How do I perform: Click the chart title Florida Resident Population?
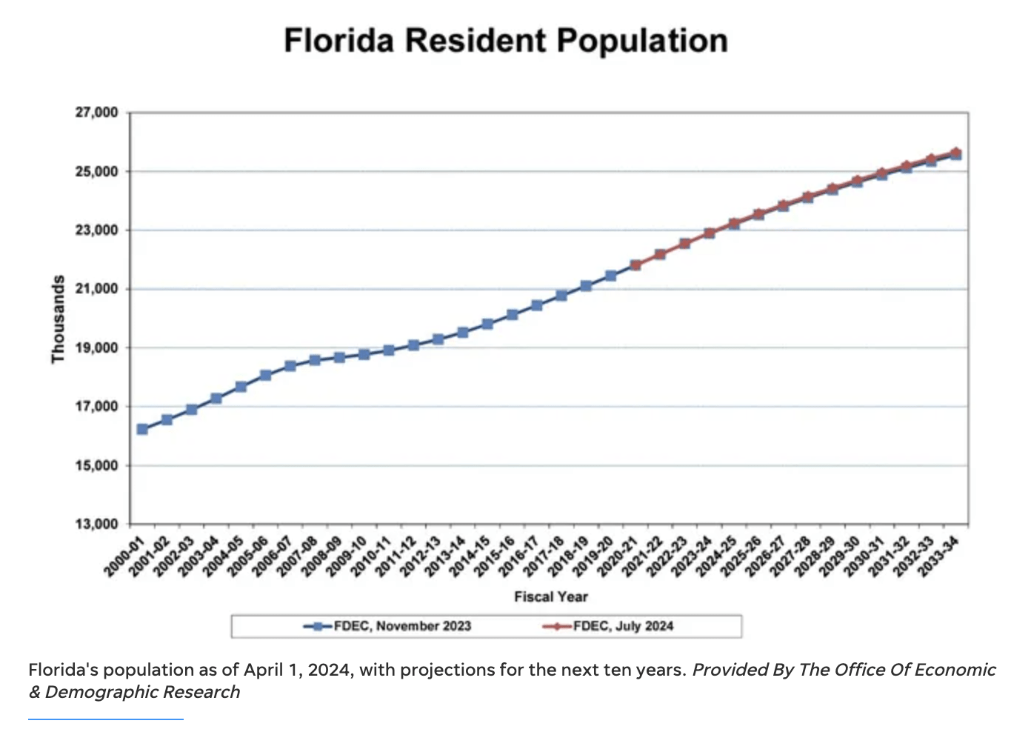[506, 41]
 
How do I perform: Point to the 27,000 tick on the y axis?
[96, 113]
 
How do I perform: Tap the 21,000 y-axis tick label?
[96, 289]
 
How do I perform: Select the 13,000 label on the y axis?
[96, 525]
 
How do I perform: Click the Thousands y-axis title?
[58, 319]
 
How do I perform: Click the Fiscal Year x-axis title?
[550, 597]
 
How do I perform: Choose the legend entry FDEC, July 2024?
[622, 626]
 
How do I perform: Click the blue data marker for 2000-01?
[142, 429]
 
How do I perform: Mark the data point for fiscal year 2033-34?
[955, 153]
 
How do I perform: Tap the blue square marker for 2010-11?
[389, 350]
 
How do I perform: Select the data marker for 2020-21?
[635, 264]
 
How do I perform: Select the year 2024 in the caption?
[330, 670]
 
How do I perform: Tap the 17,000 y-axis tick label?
[96, 407]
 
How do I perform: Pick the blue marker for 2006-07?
[290, 366]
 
